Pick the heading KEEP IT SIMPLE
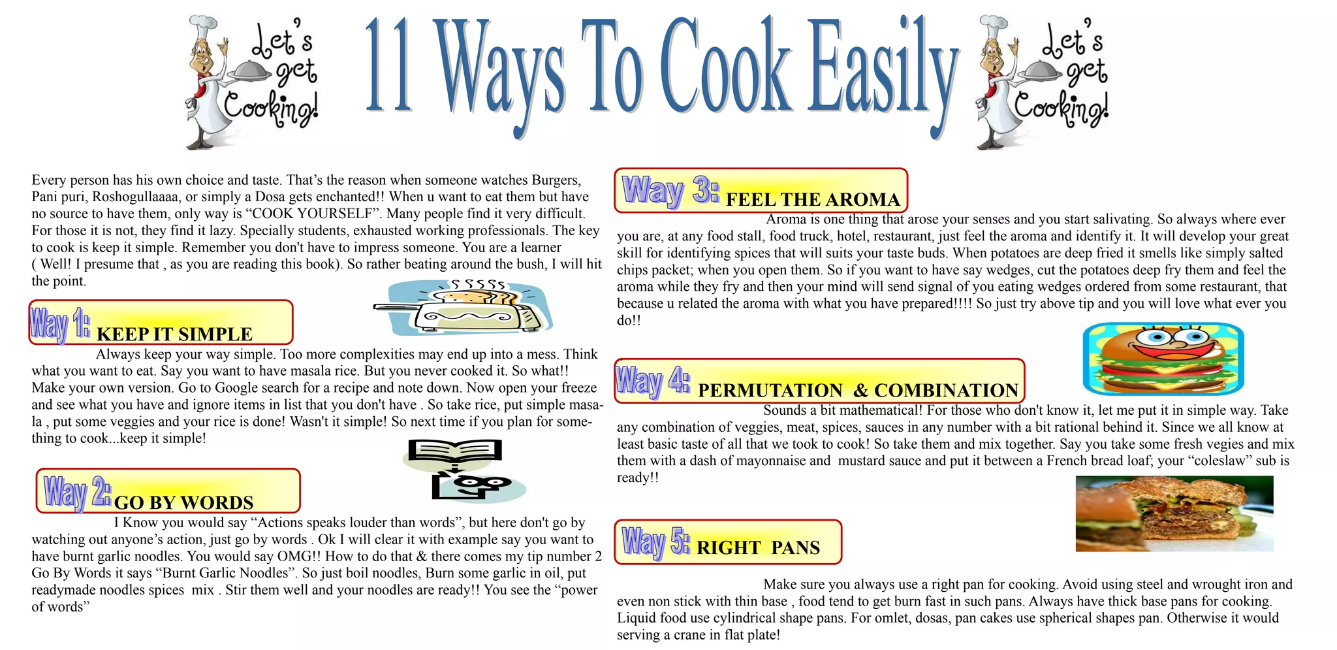[x=174, y=334]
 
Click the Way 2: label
[x=77, y=493]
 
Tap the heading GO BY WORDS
[x=183, y=502]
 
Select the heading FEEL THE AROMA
[x=813, y=199]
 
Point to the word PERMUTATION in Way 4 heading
[x=770, y=391]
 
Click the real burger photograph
[x=1174, y=513]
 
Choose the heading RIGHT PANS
[x=758, y=548]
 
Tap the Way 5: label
[x=655, y=542]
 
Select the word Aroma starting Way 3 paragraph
[x=786, y=219]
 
